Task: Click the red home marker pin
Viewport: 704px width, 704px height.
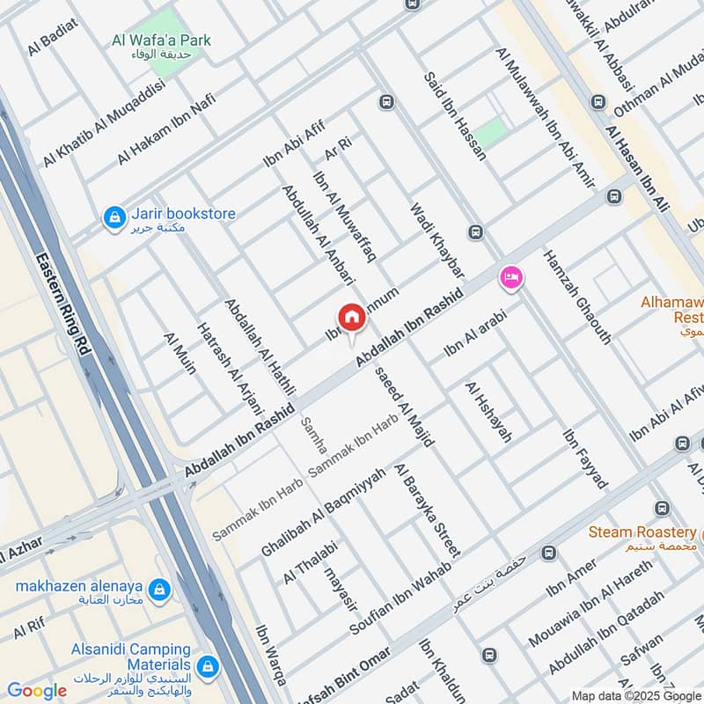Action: [350, 318]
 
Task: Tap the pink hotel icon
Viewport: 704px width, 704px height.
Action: [510, 279]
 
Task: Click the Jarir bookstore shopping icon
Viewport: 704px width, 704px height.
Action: [114, 217]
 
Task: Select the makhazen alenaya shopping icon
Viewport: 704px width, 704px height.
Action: [159, 588]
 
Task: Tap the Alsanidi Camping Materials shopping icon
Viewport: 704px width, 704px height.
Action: [208, 665]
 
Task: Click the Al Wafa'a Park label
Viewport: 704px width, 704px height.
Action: [162, 40]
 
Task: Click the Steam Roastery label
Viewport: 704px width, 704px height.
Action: [642, 532]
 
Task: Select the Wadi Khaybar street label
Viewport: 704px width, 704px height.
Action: [436, 235]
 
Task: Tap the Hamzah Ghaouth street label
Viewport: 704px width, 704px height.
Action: [576, 295]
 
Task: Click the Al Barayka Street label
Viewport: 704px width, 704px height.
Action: [427, 510]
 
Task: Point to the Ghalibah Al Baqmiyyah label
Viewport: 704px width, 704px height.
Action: [323, 511]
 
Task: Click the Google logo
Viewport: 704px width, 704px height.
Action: [36, 691]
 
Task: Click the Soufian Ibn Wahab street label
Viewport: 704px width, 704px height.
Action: [400, 598]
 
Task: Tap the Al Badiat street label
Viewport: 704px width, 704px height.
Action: [53, 36]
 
